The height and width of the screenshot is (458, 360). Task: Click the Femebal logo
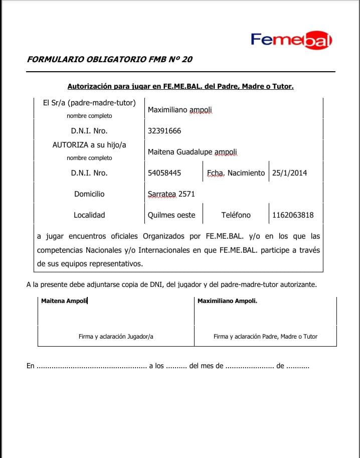tap(291, 40)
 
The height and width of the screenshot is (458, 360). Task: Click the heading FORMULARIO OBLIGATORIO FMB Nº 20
tap(109, 59)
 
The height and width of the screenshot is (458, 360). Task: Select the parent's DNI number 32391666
tap(164, 131)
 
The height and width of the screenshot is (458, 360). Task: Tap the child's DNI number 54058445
tap(164, 173)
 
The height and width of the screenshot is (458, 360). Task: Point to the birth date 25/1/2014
tap(290, 173)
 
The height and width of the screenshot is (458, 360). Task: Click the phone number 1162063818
tap(293, 215)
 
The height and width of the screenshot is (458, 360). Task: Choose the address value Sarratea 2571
tap(171, 194)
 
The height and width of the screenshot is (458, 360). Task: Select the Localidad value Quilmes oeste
tap(171, 215)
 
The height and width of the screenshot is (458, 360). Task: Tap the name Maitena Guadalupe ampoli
tap(193, 152)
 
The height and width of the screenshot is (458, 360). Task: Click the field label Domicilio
tap(89, 194)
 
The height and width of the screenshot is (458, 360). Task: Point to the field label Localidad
tap(89, 215)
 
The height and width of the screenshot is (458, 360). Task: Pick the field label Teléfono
tap(236, 215)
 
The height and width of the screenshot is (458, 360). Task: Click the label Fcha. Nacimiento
tap(236, 173)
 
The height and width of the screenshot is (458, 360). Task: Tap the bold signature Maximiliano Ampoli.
tap(227, 301)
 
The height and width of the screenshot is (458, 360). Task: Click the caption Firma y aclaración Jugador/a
tap(116, 337)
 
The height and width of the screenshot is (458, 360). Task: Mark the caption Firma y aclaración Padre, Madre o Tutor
tap(265, 337)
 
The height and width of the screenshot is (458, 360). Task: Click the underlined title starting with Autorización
tap(181, 86)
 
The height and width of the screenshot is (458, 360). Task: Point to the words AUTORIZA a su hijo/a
tap(89, 145)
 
